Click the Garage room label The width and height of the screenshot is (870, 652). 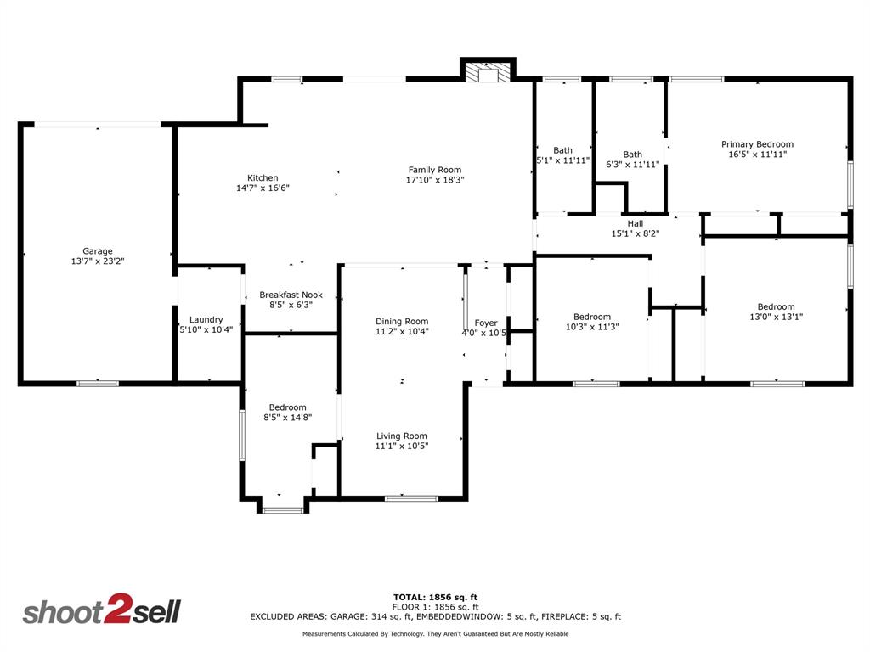pyautogui.click(x=98, y=251)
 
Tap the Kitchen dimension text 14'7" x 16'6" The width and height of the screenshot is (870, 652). pyautogui.click(x=263, y=188)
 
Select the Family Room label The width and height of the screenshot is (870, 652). pyautogui.click(x=434, y=170)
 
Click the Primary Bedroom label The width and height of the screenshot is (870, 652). pyautogui.click(x=757, y=144)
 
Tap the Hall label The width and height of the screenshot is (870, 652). pyautogui.click(x=636, y=223)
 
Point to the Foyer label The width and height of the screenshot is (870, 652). pyautogui.click(x=486, y=323)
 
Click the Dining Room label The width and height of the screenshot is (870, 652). pyautogui.click(x=402, y=321)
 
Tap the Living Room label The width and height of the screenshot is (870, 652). pyautogui.click(x=402, y=436)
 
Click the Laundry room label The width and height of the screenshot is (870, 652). pyautogui.click(x=206, y=320)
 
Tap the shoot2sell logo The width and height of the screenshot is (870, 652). pyautogui.click(x=101, y=611)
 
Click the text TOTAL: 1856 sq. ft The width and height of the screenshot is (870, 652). pyautogui.click(x=441, y=597)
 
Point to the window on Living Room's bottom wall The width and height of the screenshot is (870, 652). pyautogui.click(x=411, y=498)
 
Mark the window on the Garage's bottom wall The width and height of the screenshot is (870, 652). pyautogui.click(x=97, y=384)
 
